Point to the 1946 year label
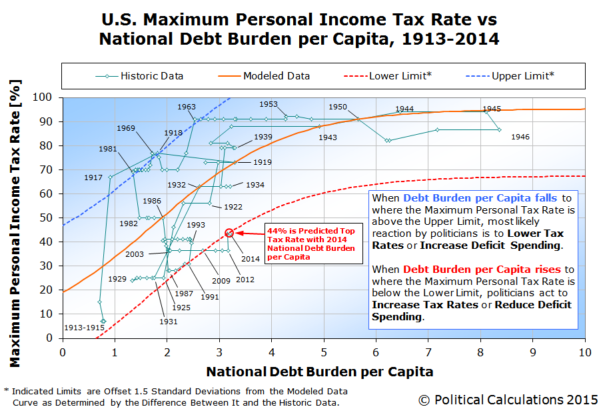point(520,137)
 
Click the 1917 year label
point(93,178)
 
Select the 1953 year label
point(268,104)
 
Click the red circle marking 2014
point(229,233)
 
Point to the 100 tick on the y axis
point(49,97)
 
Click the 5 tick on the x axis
point(324,351)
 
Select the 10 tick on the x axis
point(584,351)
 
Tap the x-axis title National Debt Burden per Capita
point(319,372)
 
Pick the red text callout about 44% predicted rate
point(310,244)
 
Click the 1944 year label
point(404,109)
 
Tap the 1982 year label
point(129,224)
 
